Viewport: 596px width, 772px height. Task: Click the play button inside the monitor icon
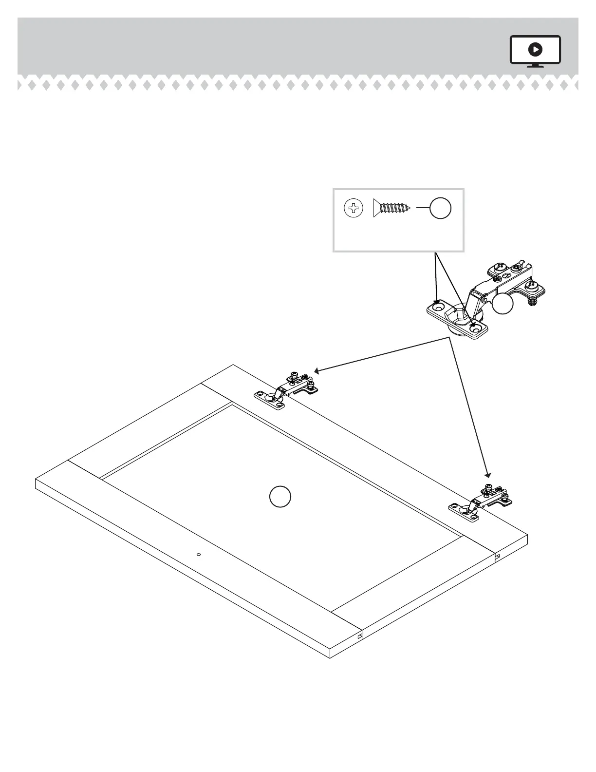[535, 49]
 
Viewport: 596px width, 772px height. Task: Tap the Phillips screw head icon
[354, 209]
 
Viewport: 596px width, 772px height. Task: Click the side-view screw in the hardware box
[391, 208]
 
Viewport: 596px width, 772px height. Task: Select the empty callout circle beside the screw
[440, 209]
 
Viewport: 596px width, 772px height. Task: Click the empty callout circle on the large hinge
[503, 304]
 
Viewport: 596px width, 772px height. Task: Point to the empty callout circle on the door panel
[280, 497]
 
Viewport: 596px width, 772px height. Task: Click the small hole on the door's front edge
[198, 554]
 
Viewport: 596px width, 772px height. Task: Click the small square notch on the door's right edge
[497, 556]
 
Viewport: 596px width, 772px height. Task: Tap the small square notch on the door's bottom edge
[360, 636]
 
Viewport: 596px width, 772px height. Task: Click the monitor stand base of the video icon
[535, 66]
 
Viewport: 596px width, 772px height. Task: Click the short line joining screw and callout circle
[423, 209]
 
